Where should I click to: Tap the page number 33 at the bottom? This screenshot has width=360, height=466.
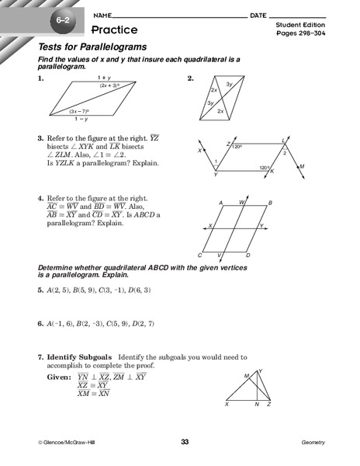185,443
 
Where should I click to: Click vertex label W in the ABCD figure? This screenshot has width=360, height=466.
244,203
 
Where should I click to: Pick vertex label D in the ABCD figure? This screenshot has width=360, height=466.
248,255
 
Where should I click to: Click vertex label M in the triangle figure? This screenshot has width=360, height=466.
246,375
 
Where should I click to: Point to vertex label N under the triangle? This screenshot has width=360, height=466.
258,405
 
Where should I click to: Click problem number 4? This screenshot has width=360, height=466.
40,198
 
